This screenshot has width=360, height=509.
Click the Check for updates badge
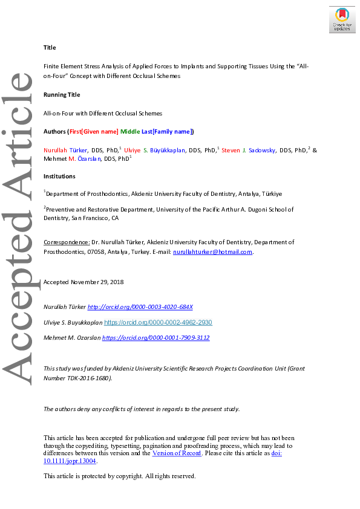pyautogui.click(x=342, y=19)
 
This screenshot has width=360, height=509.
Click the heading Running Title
pyautogui.click(x=62, y=95)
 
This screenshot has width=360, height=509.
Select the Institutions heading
pyautogui.click(x=59, y=177)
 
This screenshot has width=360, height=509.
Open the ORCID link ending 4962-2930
pyautogui.click(x=158, y=323)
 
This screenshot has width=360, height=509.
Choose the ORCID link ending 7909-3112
pyautogui.click(x=155, y=338)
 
